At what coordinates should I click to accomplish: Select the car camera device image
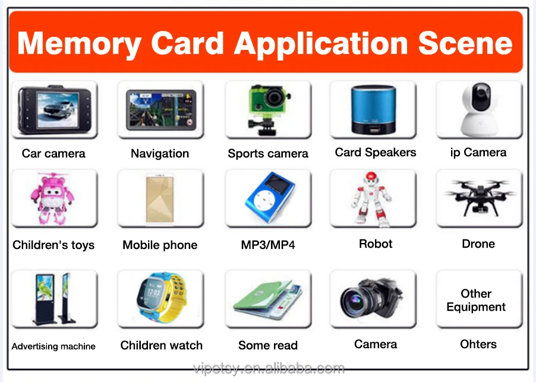tap(54, 111)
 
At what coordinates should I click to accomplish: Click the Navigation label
tap(160, 153)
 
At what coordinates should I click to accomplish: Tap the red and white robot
tap(373, 199)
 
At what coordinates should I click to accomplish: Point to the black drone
tap(479, 195)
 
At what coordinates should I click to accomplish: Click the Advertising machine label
tap(53, 346)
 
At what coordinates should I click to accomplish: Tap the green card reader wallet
tap(267, 298)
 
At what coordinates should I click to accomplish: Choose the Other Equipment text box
tap(476, 300)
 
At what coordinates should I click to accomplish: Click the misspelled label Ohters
tap(478, 344)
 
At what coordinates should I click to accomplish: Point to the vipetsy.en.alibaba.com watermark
tap(269, 368)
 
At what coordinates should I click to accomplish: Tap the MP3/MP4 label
tap(268, 245)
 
